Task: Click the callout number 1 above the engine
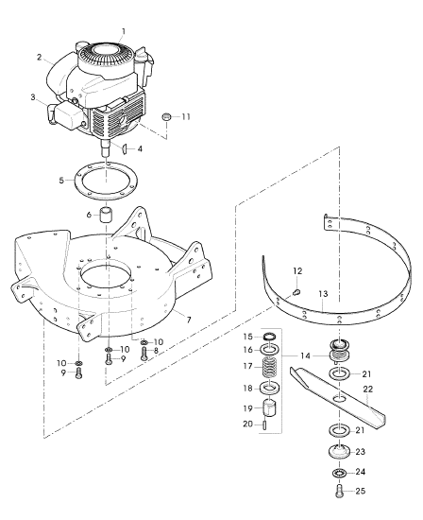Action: point(124,31)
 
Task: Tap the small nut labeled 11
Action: point(166,116)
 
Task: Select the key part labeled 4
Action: point(125,148)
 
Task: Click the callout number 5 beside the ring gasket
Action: point(61,181)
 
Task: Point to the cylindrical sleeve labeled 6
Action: point(106,216)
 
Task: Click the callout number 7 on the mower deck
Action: point(189,320)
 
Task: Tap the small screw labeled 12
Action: point(297,292)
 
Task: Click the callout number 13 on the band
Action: point(323,294)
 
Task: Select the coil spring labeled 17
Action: point(271,367)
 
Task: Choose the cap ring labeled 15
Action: point(271,337)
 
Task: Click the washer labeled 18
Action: point(271,389)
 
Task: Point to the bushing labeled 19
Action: point(271,408)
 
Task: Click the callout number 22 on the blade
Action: point(368,389)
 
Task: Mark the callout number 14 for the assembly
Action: point(305,355)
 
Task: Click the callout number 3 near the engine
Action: point(33,97)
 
